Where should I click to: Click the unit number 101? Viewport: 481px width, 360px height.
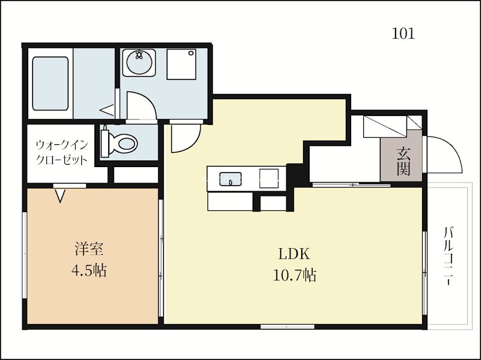tap(403, 34)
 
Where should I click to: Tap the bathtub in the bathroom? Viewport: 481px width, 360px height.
tap(50, 84)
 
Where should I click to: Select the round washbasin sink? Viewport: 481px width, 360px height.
tap(139, 63)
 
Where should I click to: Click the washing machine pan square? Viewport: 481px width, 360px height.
tap(182, 64)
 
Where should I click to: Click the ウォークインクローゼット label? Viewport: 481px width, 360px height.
tap(63, 153)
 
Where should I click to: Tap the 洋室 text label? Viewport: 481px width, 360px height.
tap(89, 249)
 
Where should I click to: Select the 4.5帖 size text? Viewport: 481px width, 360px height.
tap(89, 271)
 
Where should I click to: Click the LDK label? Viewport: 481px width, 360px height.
tap(294, 254)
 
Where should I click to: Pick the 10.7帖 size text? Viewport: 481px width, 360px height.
tap(295, 275)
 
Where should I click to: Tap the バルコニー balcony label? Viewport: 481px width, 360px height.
tap(449, 256)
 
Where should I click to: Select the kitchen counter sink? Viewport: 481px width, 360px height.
tap(230, 178)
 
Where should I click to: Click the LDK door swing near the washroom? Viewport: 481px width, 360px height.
tap(194, 144)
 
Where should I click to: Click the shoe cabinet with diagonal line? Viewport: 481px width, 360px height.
tap(385, 126)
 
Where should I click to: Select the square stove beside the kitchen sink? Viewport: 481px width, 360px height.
tap(269, 178)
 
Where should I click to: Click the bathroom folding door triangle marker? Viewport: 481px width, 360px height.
tap(107, 111)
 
